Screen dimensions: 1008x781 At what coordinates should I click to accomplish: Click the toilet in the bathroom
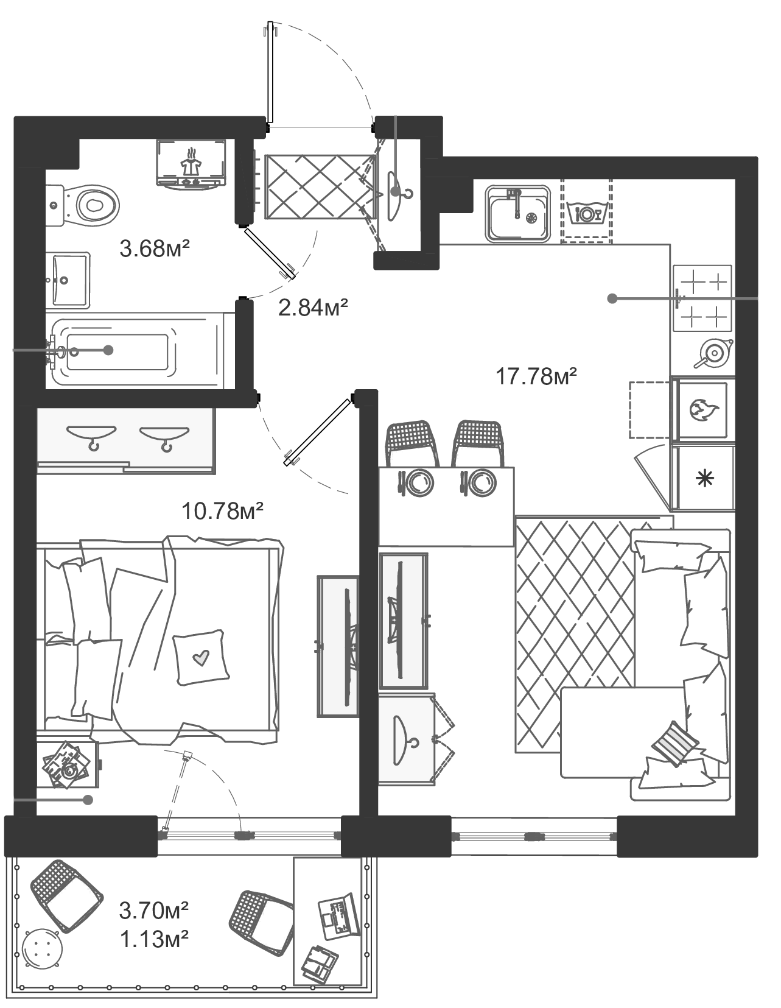(x=88, y=204)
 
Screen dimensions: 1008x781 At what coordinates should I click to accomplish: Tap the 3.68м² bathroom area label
(x=155, y=248)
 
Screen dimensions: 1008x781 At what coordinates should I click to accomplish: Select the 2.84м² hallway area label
(x=313, y=308)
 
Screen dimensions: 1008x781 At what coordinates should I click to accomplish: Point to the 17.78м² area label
(x=536, y=376)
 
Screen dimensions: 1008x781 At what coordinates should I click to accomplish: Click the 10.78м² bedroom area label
(x=223, y=510)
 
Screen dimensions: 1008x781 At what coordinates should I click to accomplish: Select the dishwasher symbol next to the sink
(x=587, y=213)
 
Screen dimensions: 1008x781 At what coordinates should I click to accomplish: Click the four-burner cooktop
(x=702, y=298)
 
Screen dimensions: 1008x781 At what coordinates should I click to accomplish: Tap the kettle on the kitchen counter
(x=713, y=352)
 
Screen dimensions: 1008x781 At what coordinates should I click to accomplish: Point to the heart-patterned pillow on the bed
(x=201, y=658)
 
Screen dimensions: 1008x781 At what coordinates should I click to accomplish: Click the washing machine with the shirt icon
(x=191, y=163)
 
